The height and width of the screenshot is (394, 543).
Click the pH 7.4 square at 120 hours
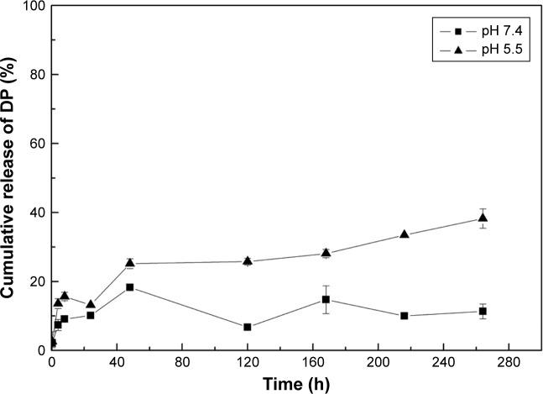(248, 327)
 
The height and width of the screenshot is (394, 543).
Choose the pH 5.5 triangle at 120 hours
(248, 260)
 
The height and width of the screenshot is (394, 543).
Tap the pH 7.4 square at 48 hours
(130, 287)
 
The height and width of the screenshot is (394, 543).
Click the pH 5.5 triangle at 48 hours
(130, 263)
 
